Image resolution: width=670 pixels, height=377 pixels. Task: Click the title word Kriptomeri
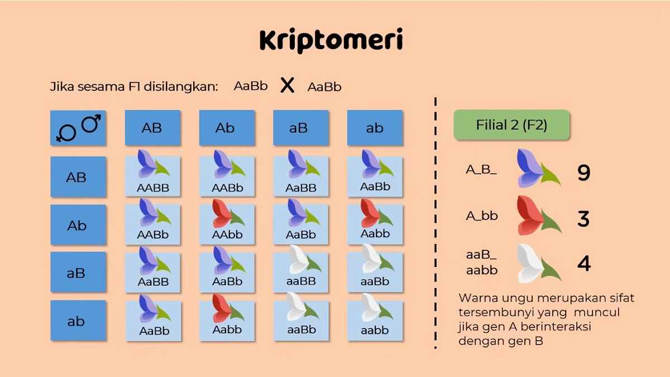coord(331,40)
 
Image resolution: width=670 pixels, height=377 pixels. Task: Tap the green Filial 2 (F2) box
coord(512,125)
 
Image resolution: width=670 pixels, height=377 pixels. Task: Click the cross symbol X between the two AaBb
coord(288,85)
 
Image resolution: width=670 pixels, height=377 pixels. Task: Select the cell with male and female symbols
coord(78,128)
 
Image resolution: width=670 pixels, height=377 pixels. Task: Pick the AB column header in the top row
coord(153,128)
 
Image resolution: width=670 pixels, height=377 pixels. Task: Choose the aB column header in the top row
coord(301,128)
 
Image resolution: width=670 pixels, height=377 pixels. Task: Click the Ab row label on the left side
coord(78,225)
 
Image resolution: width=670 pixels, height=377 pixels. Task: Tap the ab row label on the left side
coord(78,321)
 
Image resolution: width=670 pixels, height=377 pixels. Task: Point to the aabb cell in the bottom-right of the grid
coord(375,317)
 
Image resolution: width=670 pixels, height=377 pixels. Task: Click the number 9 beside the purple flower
coord(583,173)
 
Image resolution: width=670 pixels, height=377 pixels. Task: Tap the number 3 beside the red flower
coord(583,219)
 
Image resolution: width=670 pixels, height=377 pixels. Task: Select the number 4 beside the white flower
coord(584,264)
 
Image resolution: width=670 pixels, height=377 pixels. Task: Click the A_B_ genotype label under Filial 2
coord(481,170)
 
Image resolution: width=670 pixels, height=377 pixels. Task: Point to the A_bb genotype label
coord(481,216)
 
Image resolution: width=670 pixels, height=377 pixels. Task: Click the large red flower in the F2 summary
coord(539,216)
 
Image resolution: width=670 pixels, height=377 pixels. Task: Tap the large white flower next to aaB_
coord(539,263)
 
